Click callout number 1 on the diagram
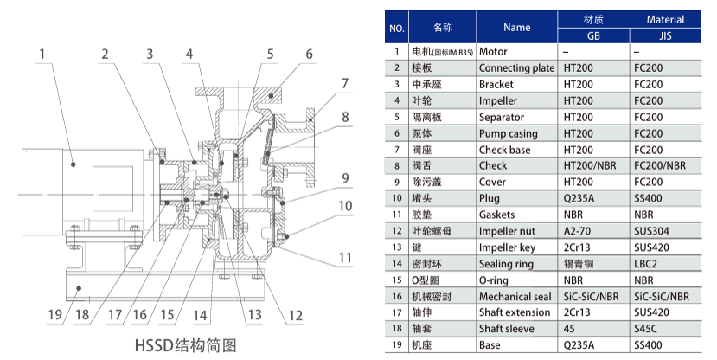click(40, 54)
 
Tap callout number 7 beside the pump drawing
click(344, 84)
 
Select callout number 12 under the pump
click(295, 315)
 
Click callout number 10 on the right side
click(346, 206)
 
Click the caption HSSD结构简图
click(185, 344)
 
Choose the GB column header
click(593, 35)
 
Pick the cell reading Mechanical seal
click(515, 297)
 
